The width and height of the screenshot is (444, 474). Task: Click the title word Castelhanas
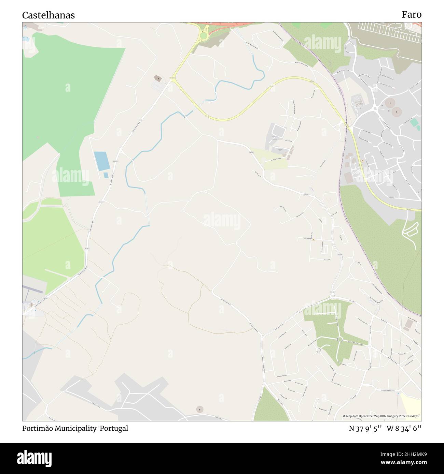coord(48,15)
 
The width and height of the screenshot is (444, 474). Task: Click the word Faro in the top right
coord(412,15)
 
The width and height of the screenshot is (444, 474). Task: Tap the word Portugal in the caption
coord(114,428)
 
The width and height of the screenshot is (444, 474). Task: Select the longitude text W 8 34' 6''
coord(404,428)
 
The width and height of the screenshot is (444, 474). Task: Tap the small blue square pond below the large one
coord(106,175)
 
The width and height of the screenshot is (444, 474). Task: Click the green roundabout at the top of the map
coord(204,35)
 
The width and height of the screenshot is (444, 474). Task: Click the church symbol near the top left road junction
coord(158,78)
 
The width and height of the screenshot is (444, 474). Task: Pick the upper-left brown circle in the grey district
coord(390,102)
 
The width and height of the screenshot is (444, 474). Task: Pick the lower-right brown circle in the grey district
coord(397,111)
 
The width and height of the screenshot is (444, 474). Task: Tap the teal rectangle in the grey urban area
coord(414,123)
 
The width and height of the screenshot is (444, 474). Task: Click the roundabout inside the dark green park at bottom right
coord(339,339)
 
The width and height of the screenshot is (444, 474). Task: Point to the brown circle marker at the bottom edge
coord(199,409)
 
